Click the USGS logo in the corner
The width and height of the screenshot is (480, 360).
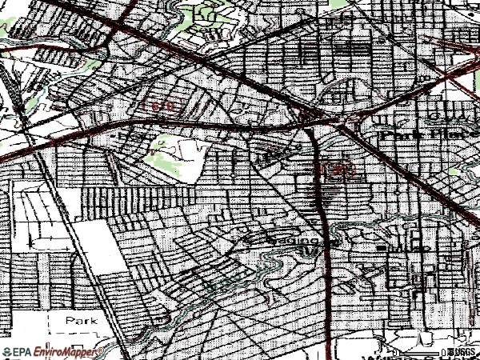click(462, 351)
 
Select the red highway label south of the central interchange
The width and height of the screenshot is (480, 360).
click(331, 170)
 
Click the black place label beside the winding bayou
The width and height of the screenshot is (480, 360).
click(294, 239)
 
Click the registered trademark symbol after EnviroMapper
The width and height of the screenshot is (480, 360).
click(101, 350)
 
